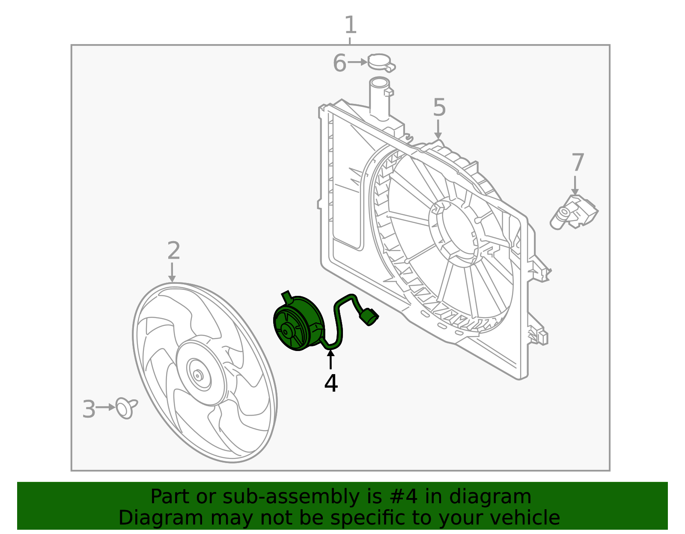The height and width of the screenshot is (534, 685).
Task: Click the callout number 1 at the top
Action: pyautogui.click(x=350, y=25)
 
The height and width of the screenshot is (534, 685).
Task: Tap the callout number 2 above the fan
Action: pyautogui.click(x=173, y=251)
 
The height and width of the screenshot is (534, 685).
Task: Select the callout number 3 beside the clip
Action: pyautogui.click(x=89, y=409)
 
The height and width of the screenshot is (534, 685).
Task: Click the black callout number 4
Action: pyautogui.click(x=331, y=384)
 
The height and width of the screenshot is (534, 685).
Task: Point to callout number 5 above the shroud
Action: pyautogui.click(x=439, y=107)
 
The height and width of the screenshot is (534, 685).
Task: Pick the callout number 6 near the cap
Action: pyautogui.click(x=339, y=63)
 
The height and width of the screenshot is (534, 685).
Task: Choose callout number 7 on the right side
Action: pyautogui.click(x=578, y=163)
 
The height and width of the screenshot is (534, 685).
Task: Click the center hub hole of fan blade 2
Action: pyautogui.click(x=197, y=375)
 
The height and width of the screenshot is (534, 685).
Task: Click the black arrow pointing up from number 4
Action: pyautogui.click(x=331, y=359)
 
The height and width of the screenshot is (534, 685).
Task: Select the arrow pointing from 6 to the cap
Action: pyautogui.click(x=357, y=62)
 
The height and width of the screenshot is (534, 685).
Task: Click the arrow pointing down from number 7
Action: pyautogui.click(x=575, y=185)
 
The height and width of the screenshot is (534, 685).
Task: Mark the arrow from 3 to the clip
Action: pyautogui.click(x=105, y=407)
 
